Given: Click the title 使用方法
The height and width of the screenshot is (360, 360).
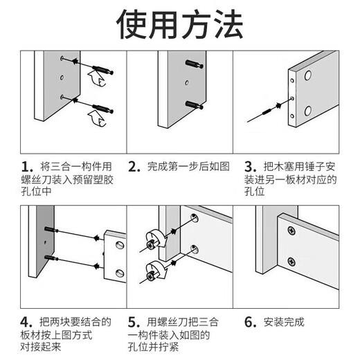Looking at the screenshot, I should [179, 26].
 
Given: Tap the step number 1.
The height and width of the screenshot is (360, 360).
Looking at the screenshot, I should [27, 168].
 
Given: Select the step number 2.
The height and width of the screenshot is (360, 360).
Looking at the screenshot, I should [134, 168].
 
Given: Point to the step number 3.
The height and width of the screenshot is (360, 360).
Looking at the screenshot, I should [250, 168].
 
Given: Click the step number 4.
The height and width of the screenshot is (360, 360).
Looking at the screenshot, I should [27, 322].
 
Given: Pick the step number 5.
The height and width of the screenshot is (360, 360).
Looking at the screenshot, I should [134, 322].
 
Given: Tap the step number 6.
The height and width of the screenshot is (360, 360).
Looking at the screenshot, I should [250, 322].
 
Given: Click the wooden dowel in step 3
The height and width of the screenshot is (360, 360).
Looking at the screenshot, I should [265, 113].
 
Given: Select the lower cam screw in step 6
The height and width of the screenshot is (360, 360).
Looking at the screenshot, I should [291, 261].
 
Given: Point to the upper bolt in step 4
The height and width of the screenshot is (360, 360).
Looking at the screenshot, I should [51, 231].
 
